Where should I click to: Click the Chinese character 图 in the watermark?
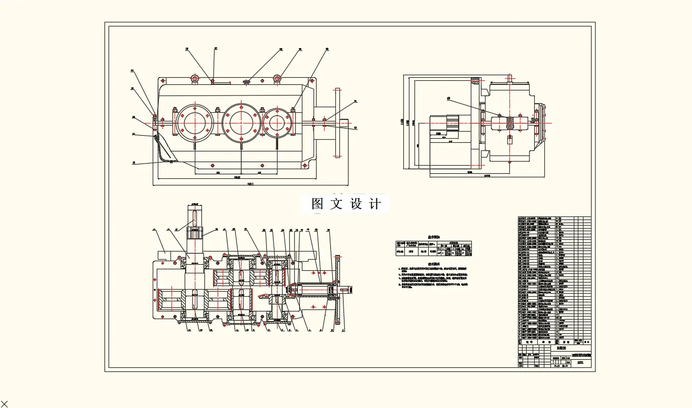coord(318,204)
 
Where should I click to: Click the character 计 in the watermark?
coord(375,204)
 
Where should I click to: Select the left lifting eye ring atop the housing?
coord(194,78)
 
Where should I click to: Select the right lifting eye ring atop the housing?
coord(277,78)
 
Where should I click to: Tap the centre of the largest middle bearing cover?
coord(240,122)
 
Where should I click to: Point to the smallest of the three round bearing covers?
coord(277,123)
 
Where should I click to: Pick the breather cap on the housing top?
coord(246,80)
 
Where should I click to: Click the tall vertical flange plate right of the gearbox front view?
coord(337,122)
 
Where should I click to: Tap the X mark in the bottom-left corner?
coord(5,404)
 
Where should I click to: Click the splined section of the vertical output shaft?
coord(195,233)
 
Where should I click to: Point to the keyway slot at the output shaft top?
coord(195,215)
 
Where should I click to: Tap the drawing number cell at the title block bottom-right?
coord(580,362)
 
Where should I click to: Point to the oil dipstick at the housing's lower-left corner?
coord(162,150)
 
